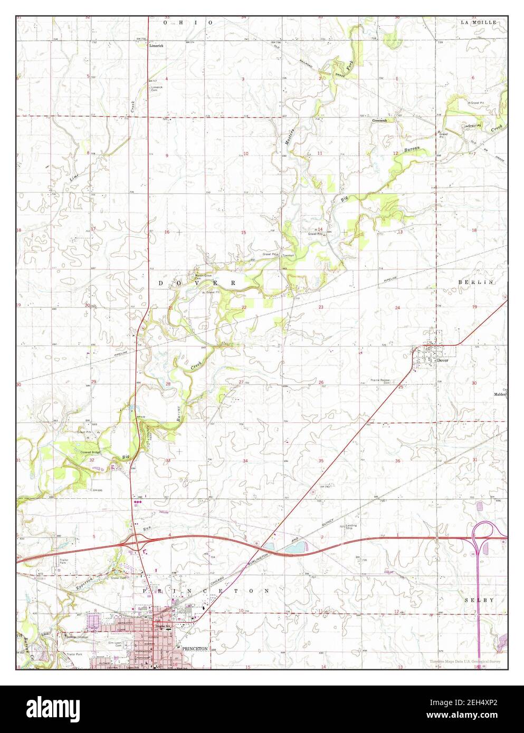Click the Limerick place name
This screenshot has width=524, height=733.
click(156, 46)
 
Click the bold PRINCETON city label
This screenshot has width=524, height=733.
click(194, 648)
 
